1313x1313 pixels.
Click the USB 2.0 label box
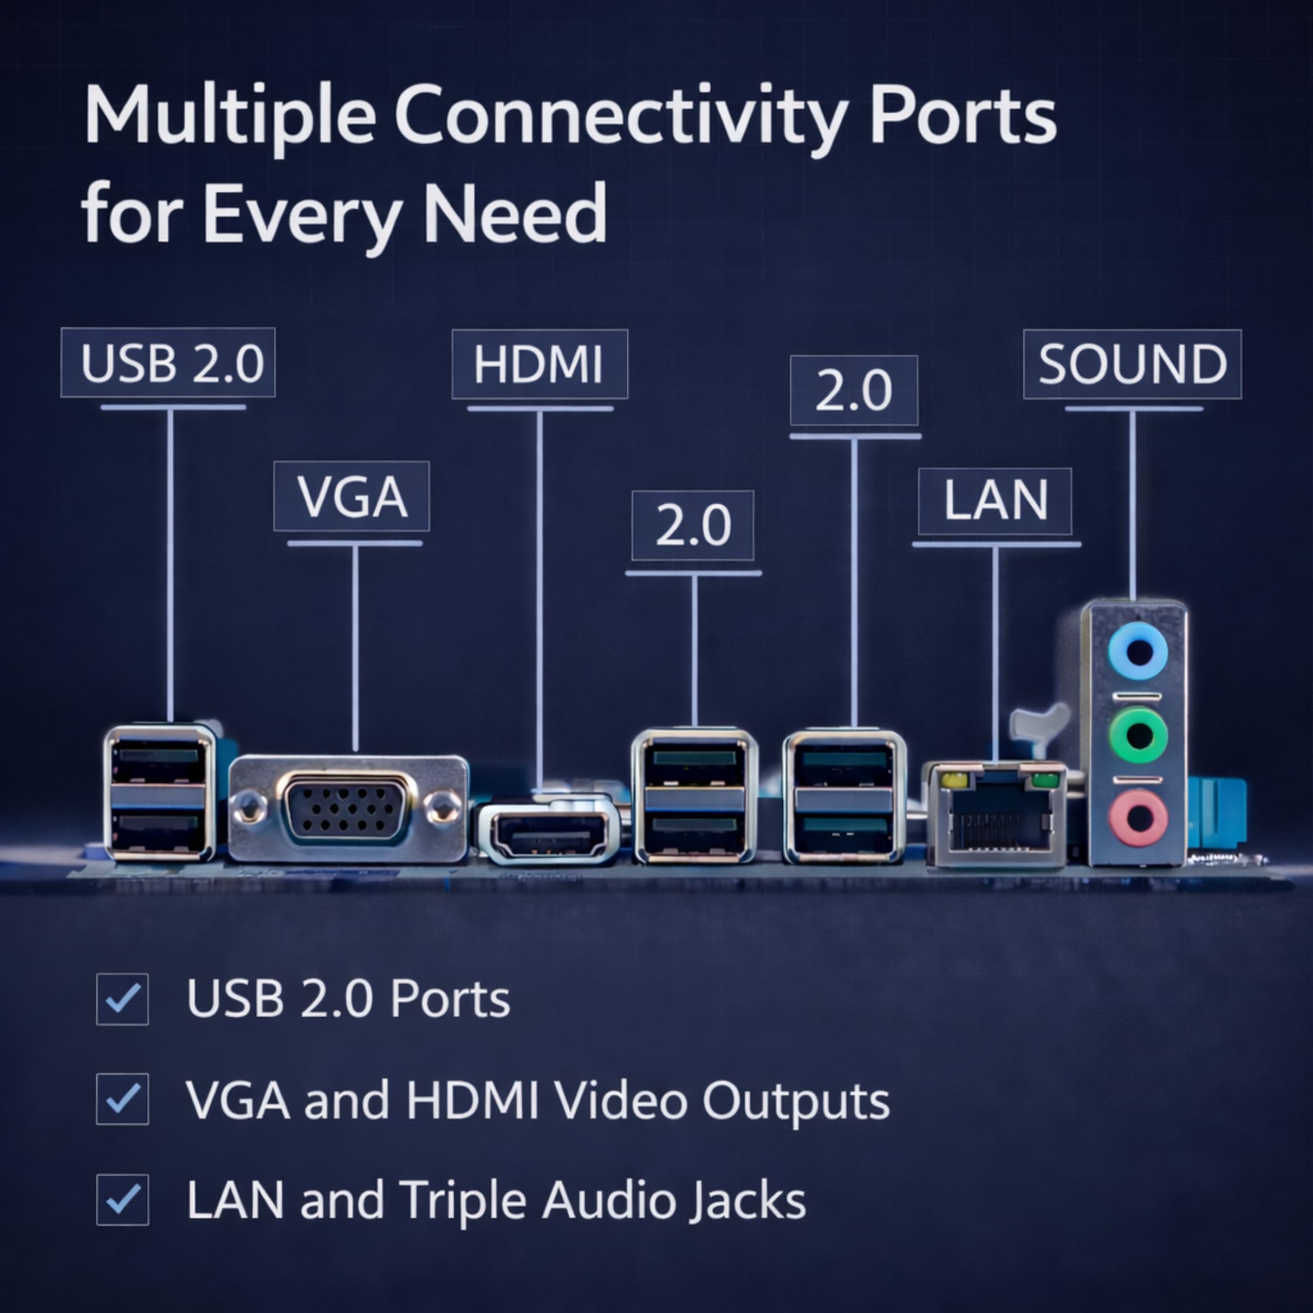[x=168, y=362]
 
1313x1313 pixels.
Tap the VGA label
[x=351, y=496]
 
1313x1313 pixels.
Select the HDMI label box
[x=540, y=364]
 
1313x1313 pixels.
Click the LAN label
[x=995, y=501]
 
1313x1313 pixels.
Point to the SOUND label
[x=1132, y=364]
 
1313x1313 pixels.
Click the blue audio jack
[x=1138, y=652]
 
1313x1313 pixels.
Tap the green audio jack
[x=1138, y=735]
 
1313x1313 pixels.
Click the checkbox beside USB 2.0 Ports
[x=123, y=998]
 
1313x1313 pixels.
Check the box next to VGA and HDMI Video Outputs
[x=123, y=1099]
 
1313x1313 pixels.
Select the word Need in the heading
[x=515, y=214]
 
